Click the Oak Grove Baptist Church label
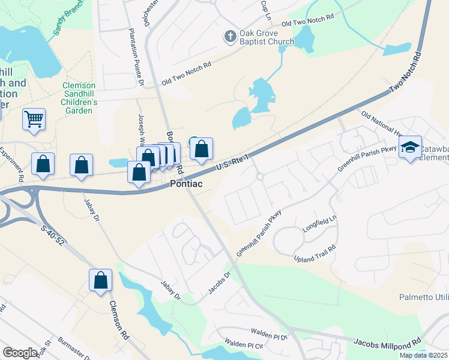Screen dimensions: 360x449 (x=267, y=37)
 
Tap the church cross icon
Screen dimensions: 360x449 (x=229, y=37)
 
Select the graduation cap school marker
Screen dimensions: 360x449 (x=410, y=147)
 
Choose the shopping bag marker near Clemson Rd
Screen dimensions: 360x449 (x=100, y=280)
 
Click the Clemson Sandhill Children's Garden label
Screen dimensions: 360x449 (x=80, y=98)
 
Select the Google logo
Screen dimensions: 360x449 (x=20, y=353)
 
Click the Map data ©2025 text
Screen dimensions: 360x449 (x=423, y=355)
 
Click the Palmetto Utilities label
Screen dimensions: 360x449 (x=424, y=297)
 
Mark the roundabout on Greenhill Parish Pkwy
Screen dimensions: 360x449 (x=260, y=176)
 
